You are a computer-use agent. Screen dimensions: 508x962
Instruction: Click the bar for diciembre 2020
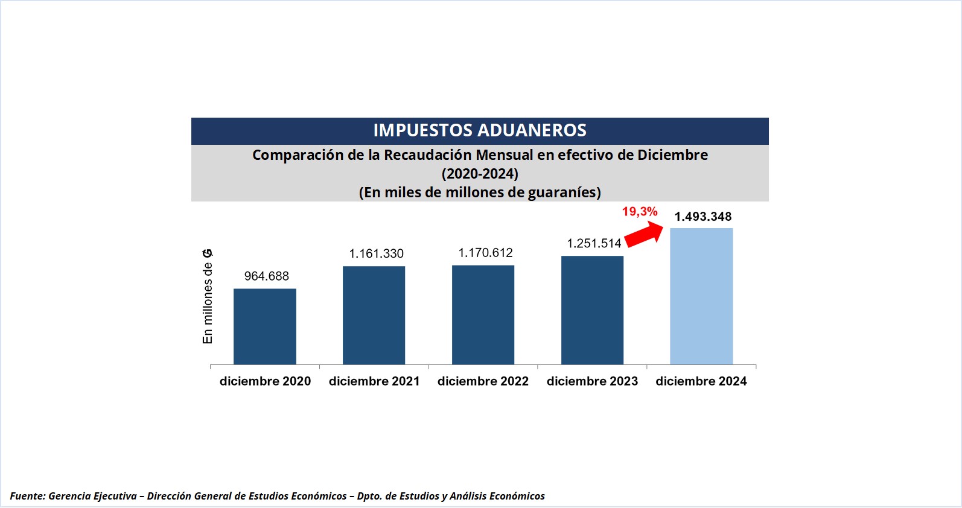pyautogui.click(x=264, y=326)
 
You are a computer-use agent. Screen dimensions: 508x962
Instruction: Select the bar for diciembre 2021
pyautogui.click(x=374, y=315)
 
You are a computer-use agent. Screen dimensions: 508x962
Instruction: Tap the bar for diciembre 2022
pyautogui.click(x=483, y=314)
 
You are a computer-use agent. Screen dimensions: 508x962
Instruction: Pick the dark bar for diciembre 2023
pyautogui.click(x=592, y=310)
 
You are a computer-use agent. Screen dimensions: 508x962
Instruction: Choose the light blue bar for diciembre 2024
pyautogui.click(x=701, y=296)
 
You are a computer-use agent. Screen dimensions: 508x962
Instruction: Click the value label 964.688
pyautogui.click(x=266, y=276)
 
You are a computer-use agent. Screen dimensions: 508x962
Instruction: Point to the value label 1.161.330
pyautogui.click(x=376, y=254)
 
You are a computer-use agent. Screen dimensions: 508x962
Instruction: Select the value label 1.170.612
pyautogui.click(x=485, y=253)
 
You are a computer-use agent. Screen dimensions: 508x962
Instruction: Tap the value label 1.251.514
pyautogui.click(x=594, y=244)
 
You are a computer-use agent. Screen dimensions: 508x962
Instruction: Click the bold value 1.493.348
pyautogui.click(x=702, y=217)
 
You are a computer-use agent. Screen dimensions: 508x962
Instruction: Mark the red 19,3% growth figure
pyautogui.click(x=640, y=212)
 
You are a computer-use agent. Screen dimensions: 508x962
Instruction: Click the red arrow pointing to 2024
pyautogui.click(x=643, y=233)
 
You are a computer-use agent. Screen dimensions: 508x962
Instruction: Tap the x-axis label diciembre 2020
pyautogui.click(x=265, y=381)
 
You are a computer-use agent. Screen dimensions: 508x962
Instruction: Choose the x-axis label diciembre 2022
pyautogui.click(x=483, y=381)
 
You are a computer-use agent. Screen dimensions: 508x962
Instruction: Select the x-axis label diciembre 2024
pyautogui.click(x=701, y=381)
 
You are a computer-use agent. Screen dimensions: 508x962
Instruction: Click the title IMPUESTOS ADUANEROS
pyautogui.click(x=480, y=130)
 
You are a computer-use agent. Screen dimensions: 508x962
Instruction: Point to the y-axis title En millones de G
pyautogui.click(x=208, y=296)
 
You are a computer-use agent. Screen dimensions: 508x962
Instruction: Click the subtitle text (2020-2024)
pyautogui.click(x=480, y=174)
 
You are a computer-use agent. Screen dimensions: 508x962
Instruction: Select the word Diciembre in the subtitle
pyautogui.click(x=672, y=155)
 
